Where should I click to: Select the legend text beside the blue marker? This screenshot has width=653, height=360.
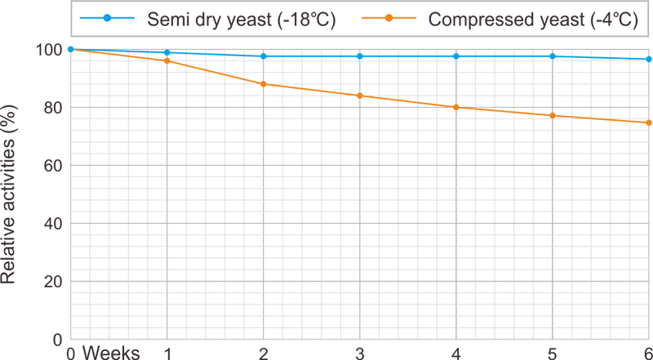point(238,17)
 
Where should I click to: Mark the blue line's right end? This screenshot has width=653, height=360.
point(651,59)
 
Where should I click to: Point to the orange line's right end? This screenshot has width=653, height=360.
point(651,123)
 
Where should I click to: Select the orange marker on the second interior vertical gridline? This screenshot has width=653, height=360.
point(264,82)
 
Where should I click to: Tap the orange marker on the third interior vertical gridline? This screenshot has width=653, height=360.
point(360,96)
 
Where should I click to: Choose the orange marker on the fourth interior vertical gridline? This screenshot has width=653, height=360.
point(457,108)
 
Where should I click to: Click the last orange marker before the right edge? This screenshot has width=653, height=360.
point(600,119)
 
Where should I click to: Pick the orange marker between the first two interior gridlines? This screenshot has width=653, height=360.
point(215,73)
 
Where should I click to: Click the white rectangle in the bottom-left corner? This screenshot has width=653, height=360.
point(26,325)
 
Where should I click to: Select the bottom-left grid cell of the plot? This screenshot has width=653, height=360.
point(119,310)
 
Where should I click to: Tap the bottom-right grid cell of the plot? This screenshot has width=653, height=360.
point(600,310)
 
